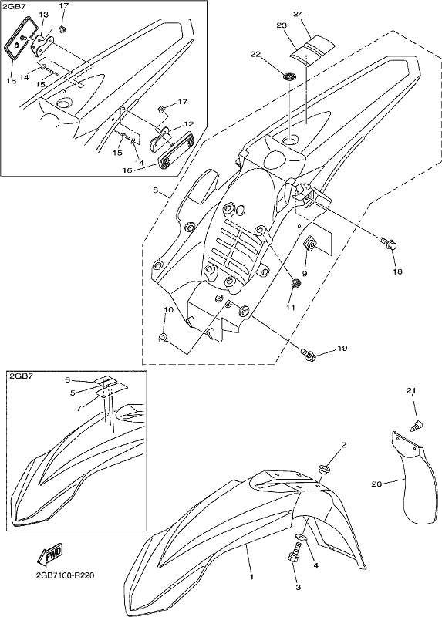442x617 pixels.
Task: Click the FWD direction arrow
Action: click(49, 556)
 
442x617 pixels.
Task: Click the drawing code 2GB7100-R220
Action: click(66, 576)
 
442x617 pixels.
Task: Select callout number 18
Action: click(397, 271)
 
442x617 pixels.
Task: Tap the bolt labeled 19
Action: click(309, 354)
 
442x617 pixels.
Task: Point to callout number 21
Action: click(411, 391)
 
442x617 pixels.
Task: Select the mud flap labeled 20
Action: click(414, 479)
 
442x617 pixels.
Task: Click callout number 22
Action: click(255, 54)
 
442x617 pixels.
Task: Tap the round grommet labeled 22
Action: click(289, 76)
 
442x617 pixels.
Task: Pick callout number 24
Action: click(299, 15)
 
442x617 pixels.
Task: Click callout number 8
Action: click(156, 190)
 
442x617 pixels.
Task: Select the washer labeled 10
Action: click(163, 337)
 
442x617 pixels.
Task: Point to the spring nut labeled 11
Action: click(295, 283)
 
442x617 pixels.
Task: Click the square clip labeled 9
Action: click(311, 244)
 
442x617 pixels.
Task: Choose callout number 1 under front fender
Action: click(251, 577)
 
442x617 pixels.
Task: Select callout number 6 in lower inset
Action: click(68, 379)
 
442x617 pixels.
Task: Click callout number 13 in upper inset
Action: click(43, 15)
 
